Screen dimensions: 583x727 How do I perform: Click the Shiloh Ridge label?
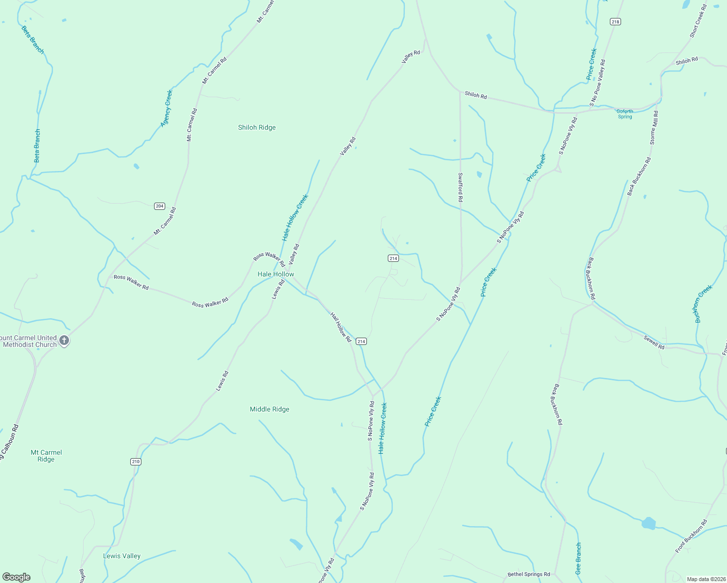point(257,128)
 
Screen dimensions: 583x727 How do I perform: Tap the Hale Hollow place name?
point(276,274)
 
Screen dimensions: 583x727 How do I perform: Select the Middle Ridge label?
point(269,410)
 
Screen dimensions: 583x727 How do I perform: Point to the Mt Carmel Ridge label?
point(46,456)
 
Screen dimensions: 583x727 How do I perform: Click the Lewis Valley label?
point(121,556)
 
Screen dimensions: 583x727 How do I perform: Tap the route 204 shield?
point(159,206)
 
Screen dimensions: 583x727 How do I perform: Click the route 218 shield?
point(615,22)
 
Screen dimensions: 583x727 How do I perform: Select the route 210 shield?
point(136,462)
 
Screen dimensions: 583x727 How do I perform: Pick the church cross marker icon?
point(64,341)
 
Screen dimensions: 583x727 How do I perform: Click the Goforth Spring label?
point(625,114)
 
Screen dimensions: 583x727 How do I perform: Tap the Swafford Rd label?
point(460,188)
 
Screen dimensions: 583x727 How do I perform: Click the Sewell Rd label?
point(654,343)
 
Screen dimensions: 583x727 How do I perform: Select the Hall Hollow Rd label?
point(341,327)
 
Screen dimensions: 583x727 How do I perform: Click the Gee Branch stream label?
point(578,559)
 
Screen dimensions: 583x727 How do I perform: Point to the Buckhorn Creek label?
point(703,304)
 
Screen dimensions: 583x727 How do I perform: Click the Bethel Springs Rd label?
point(529,574)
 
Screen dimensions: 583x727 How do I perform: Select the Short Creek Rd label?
point(697,21)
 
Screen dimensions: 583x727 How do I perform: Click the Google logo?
point(16,577)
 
